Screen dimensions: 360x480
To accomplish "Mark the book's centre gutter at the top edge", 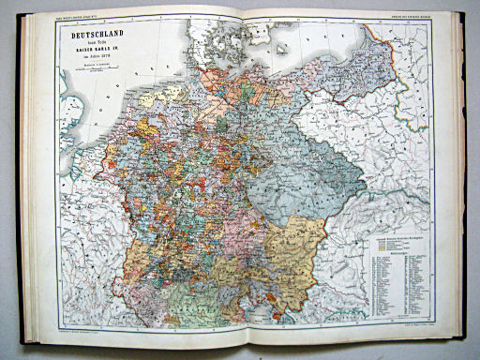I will [x=246, y=11].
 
